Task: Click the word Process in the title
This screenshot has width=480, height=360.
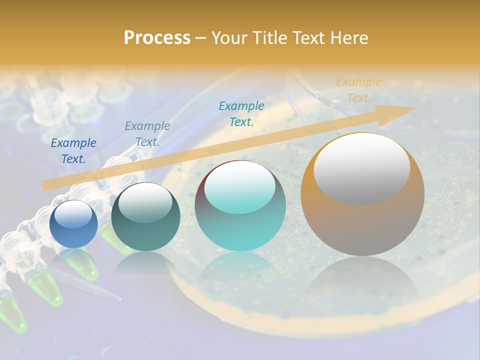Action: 157,38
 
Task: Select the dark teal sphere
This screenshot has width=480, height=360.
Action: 145,217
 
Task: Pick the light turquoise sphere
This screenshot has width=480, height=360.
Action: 240,206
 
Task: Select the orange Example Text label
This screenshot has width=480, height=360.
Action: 358,90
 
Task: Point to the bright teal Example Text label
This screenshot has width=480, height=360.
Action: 241,113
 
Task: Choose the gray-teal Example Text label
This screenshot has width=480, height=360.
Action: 147,134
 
